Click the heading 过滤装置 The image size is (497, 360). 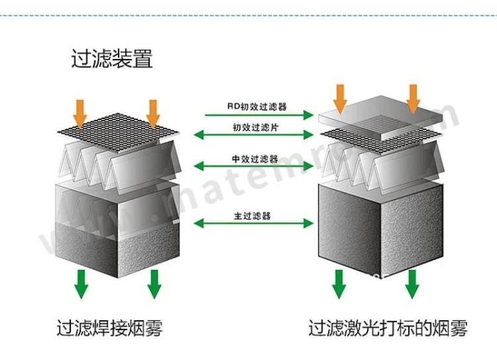point(112,59)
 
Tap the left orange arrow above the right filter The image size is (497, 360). point(340,98)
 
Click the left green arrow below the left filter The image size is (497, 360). point(82,283)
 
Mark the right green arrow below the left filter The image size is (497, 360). point(154,283)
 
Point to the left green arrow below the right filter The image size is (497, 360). point(339,283)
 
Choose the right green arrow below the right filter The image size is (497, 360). point(412,283)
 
